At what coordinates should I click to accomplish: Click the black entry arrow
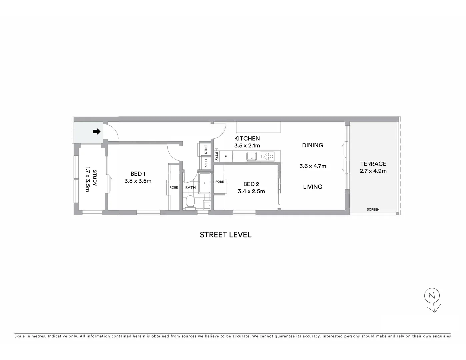coord(96,132)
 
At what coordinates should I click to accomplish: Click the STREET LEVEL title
coord(225,235)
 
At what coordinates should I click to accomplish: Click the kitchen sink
coord(251,156)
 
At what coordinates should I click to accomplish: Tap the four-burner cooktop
coord(267,156)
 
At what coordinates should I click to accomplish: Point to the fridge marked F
coord(226,156)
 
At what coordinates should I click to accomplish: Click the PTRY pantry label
coord(216,156)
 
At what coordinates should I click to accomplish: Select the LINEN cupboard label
coord(206,149)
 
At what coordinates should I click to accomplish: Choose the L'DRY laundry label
coord(206,163)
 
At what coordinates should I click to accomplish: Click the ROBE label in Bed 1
coord(174,188)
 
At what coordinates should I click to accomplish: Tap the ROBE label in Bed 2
coord(219,182)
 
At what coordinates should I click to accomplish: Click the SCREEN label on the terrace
coord(373,210)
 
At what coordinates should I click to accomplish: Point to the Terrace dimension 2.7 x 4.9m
coord(373,171)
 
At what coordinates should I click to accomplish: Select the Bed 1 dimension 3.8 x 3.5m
coord(138,181)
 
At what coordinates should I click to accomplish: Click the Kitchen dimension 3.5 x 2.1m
coord(247,146)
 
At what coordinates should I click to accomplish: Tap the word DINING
coord(312,145)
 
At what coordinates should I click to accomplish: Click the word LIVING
coord(312,187)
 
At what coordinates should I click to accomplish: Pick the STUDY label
coord(95,178)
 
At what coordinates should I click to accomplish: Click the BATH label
coord(190,188)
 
